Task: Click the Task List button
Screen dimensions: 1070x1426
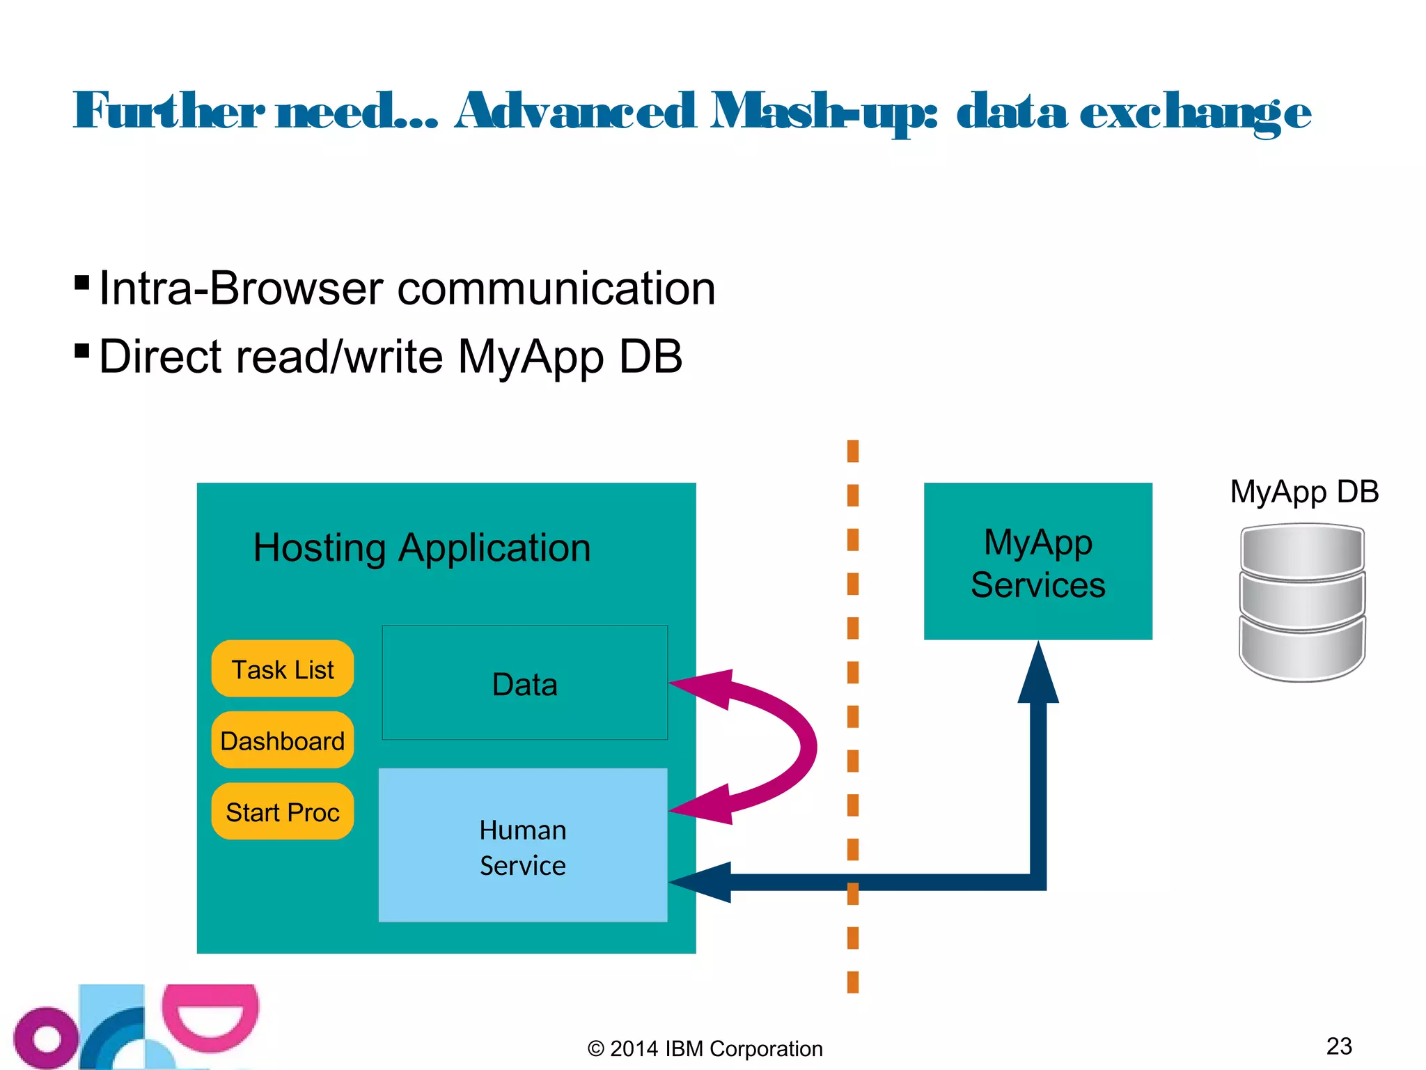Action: point(282,669)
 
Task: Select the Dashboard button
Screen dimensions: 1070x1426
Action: point(282,741)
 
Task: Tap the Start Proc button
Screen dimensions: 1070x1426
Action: point(282,812)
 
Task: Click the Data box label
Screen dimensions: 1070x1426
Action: point(524,684)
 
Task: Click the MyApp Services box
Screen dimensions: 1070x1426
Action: point(1037,562)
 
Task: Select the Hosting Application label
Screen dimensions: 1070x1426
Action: point(422,548)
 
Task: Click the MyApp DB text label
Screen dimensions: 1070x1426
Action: point(1304,492)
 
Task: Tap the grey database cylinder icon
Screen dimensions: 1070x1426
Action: point(1302,603)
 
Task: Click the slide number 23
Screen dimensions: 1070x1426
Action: point(1338,1046)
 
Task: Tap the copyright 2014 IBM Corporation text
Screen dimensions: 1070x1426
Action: point(705,1048)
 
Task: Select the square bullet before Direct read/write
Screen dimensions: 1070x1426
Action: point(81,350)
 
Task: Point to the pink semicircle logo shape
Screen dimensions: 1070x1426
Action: point(210,1018)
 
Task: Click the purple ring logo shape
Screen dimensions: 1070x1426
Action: point(46,1039)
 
